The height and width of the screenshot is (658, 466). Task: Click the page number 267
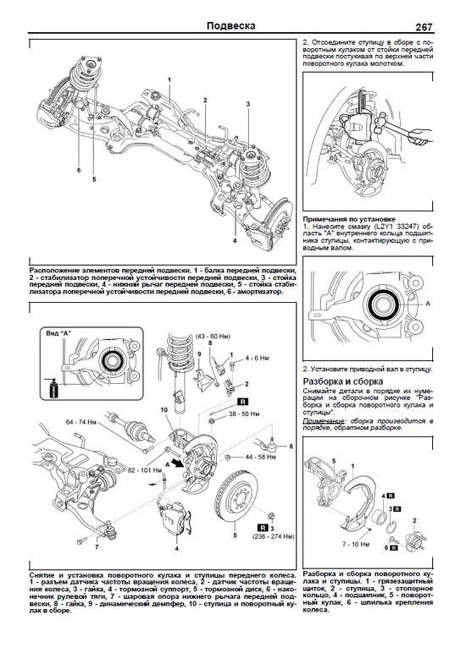coord(424,27)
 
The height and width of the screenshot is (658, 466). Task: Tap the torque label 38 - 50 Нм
coord(244,414)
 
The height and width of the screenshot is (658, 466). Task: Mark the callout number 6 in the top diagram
coord(79,170)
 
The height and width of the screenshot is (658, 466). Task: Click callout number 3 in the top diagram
coord(248,104)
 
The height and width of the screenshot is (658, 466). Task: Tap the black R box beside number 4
coord(391,496)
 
